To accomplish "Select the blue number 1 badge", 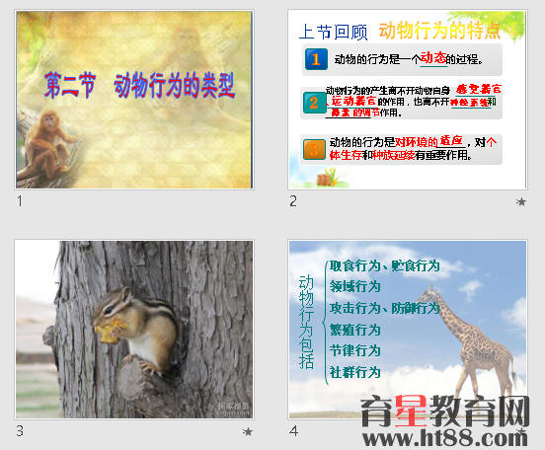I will (x=315, y=60).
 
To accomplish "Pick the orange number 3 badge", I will (x=314, y=149).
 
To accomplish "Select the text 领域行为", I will (x=354, y=286).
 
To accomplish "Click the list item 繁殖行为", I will (x=354, y=330).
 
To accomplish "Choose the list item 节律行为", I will (x=354, y=350).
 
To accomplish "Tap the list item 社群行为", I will (x=354, y=372).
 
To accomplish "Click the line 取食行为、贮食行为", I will (x=384, y=265).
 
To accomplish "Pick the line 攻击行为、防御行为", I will (x=384, y=308).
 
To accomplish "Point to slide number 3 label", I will (x=20, y=431).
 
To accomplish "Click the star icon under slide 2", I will (x=521, y=201).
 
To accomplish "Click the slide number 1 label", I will (x=20, y=201).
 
